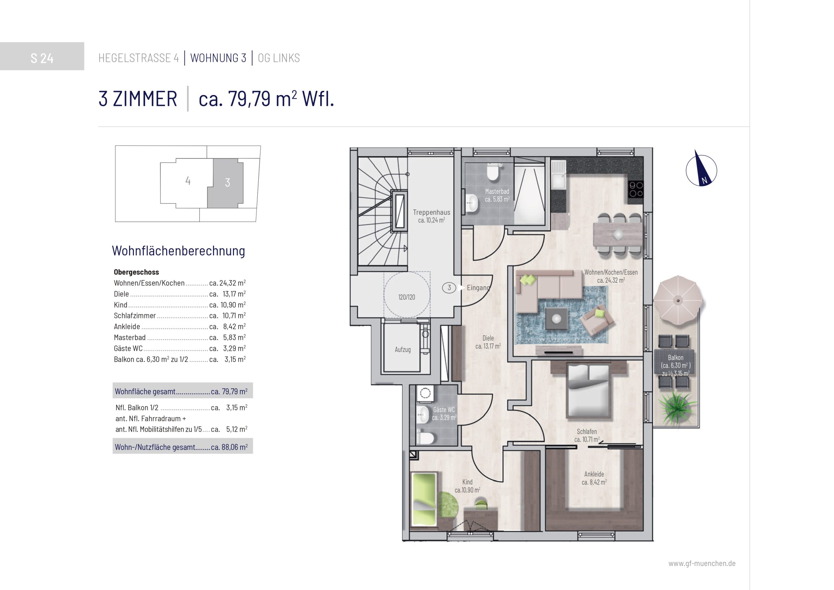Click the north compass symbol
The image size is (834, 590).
click(701, 170)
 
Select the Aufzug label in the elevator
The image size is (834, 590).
click(402, 350)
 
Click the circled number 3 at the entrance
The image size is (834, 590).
click(449, 288)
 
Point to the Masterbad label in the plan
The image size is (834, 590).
click(497, 195)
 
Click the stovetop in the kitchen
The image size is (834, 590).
click(636, 189)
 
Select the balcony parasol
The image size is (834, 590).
click(678, 300)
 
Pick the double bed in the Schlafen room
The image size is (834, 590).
click(589, 391)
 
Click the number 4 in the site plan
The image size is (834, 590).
click(188, 180)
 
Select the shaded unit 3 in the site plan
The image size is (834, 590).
click(225, 183)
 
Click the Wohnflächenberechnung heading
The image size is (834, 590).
click(178, 251)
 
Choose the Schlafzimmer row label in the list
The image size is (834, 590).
click(135, 316)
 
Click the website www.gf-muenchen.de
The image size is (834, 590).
click(702, 564)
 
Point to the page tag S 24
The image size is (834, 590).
click(42, 58)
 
